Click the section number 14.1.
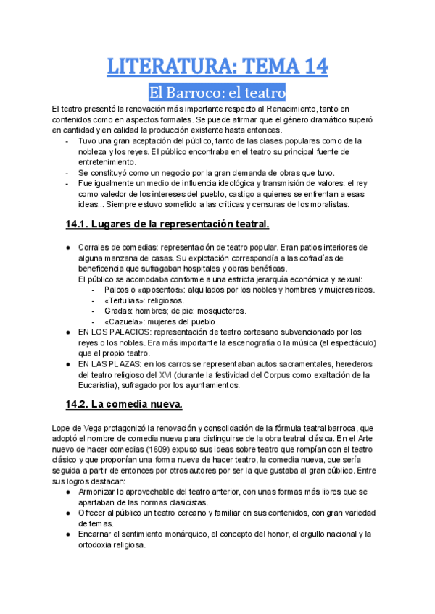point(79,224)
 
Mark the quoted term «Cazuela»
point(123,321)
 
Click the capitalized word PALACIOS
point(120,332)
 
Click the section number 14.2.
point(79,403)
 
